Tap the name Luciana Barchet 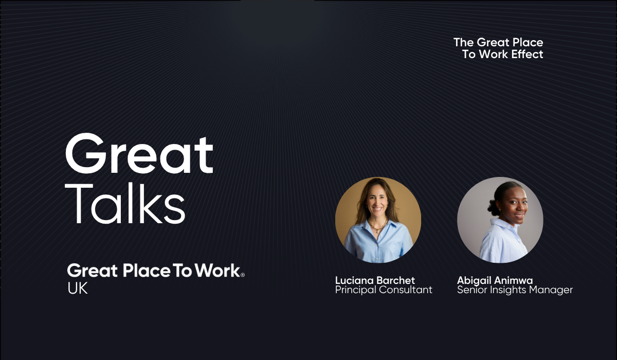pos(375,280)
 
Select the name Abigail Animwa pos(495,280)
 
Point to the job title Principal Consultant pos(384,290)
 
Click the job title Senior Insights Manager pos(515,290)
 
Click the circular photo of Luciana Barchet pos(378,220)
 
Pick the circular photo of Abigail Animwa pos(500,220)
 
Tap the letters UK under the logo pos(78,289)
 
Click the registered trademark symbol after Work pos(243,275)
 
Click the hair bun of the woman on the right pos(493,207)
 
